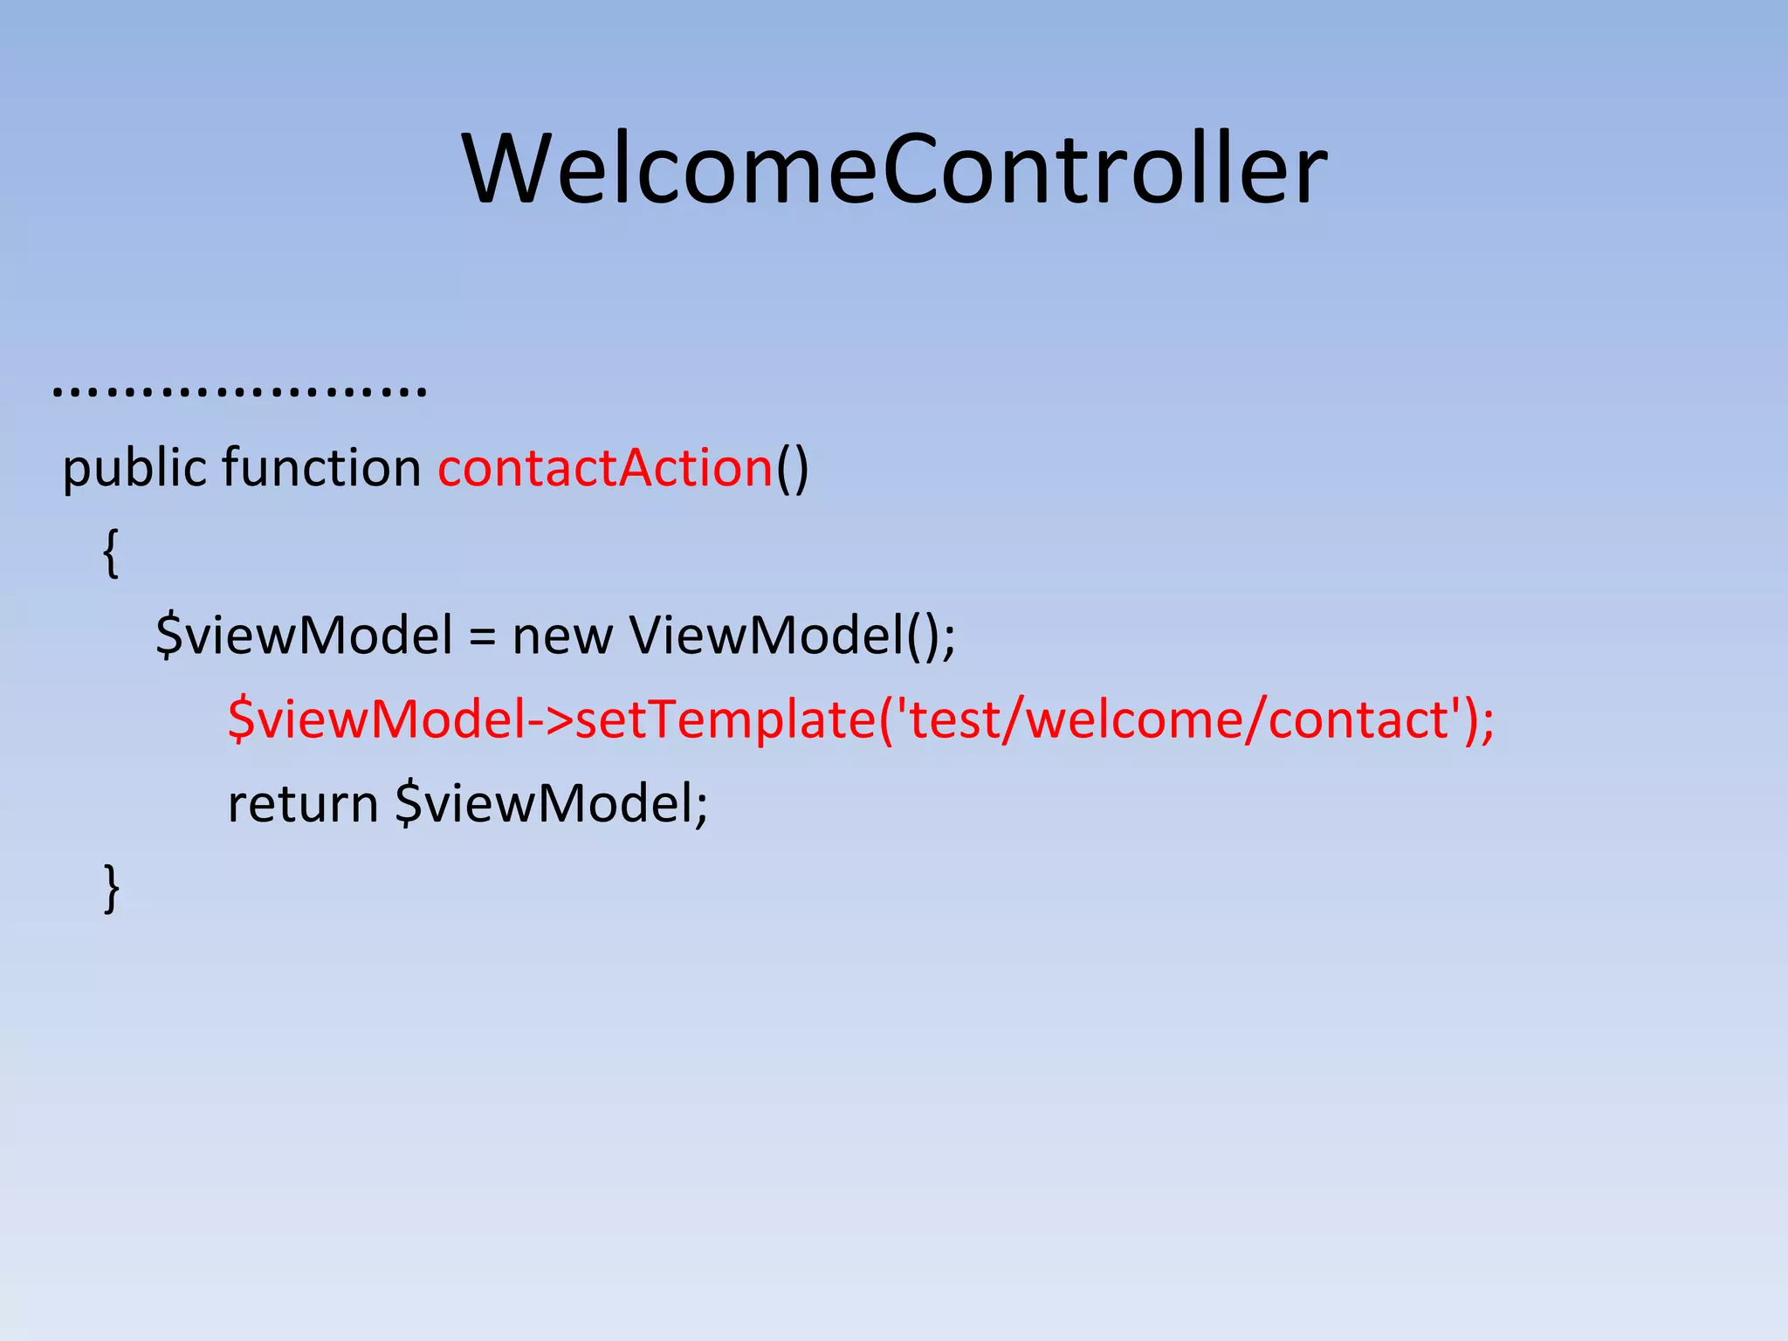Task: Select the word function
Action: pos(321,469)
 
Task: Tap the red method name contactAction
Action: pos(605,469)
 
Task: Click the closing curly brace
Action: pos(111,888)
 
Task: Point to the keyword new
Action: pos(562,636)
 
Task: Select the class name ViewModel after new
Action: pos(766,636)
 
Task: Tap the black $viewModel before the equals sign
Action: pos(304,636)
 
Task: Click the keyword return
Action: pos(303,804)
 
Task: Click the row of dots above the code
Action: pos(239,389)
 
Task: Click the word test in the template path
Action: pos(954,720)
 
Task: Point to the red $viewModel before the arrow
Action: pos(376,720)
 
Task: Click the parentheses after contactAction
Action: pos(793,469)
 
